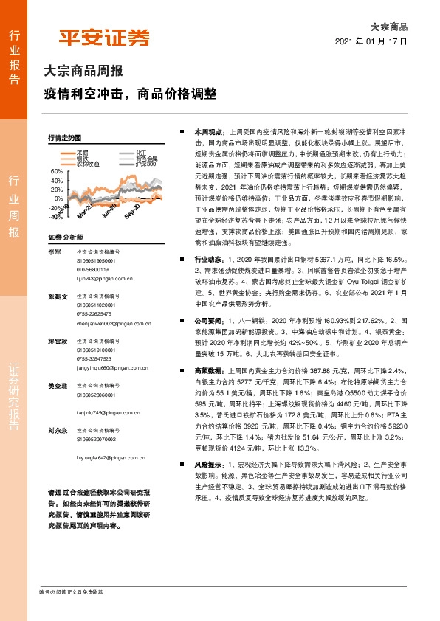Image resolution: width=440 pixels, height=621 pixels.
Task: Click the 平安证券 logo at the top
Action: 104,38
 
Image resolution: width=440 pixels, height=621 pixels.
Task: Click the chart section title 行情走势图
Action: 63,138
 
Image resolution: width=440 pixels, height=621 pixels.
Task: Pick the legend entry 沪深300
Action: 147,164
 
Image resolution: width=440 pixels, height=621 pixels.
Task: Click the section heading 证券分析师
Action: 63,237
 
